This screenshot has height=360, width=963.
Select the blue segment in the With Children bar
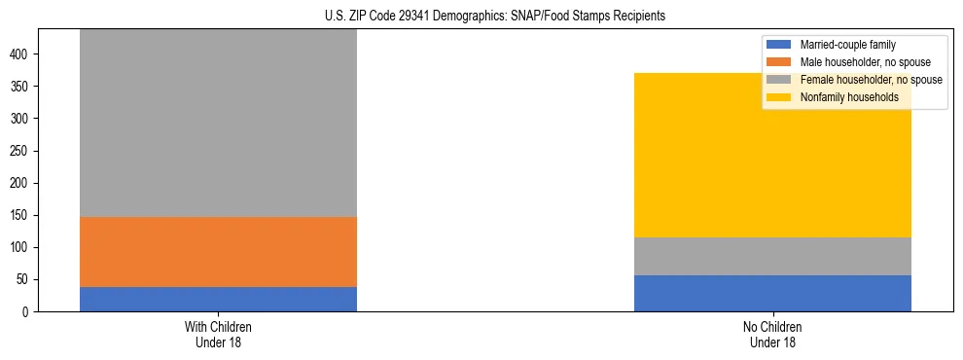(218, 299)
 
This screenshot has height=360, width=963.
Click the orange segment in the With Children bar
(218, 251)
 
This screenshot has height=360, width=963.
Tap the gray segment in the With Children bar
(218, 123)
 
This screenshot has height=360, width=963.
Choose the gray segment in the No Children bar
(772, 256)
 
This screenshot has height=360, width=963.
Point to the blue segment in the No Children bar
(772, 293)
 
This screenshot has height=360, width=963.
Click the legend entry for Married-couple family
(847, 45)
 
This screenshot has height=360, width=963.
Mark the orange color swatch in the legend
(779, 62)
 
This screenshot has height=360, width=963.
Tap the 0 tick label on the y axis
(29, 311)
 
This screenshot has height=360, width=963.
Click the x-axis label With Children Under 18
(218, 334)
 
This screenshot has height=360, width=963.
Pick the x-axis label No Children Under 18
(772, 334)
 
